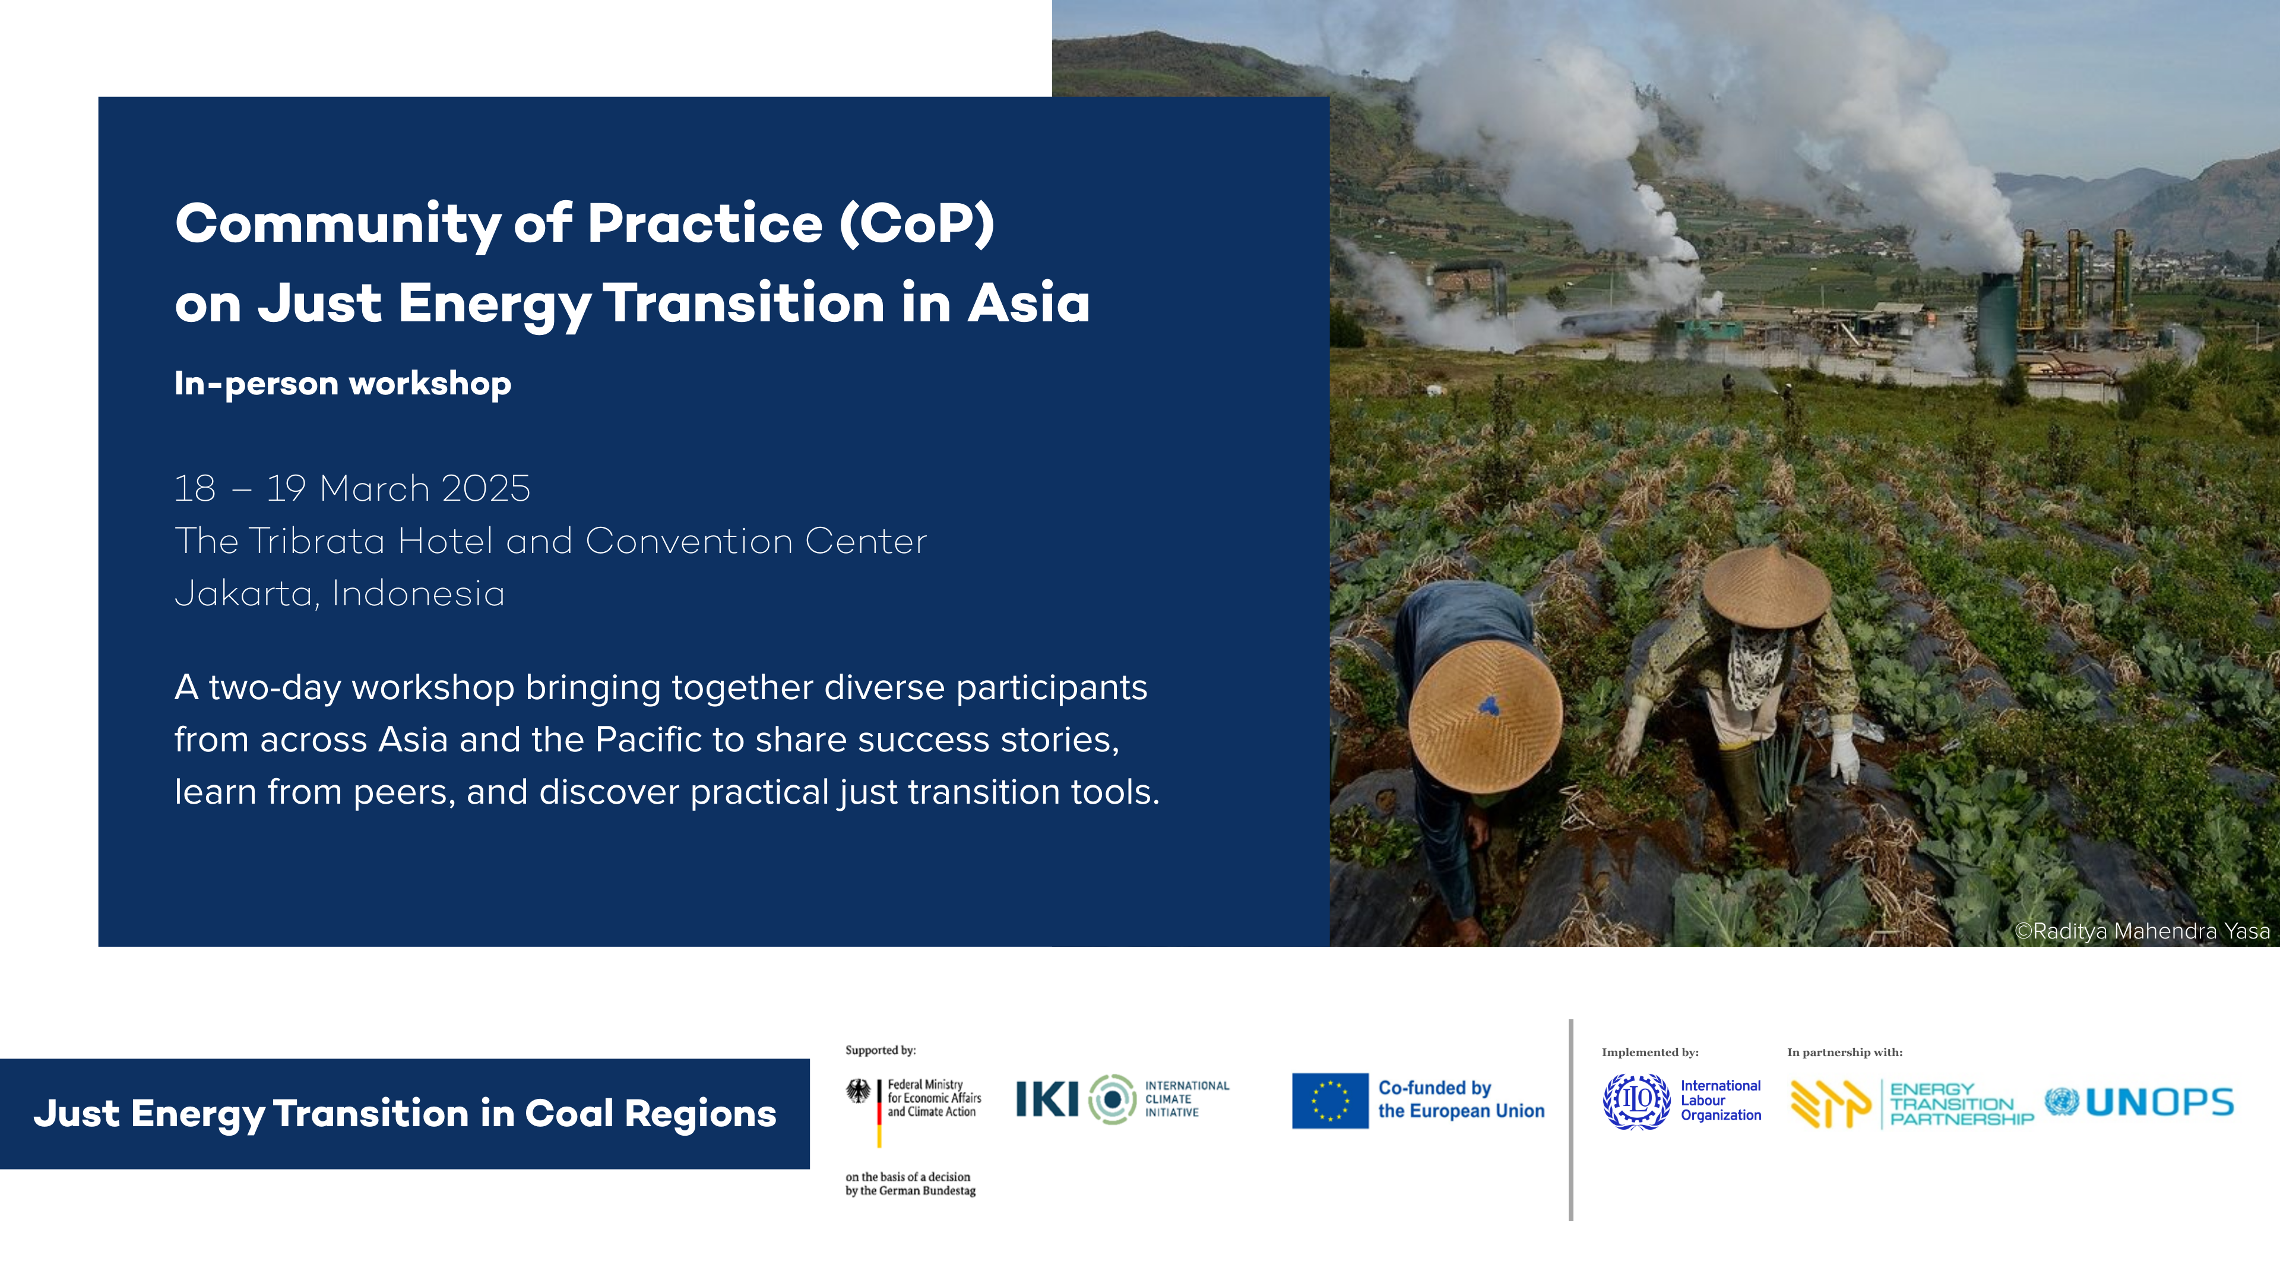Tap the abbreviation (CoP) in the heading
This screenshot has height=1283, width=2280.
click(917, 223)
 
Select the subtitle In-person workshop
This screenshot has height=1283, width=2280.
click(343, 383)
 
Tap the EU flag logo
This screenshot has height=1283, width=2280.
click(1329, 1101)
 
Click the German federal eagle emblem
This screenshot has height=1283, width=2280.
click(857, 1091)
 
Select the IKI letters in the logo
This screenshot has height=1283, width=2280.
click(1047, 1099)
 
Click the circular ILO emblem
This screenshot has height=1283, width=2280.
click(1636, 1101)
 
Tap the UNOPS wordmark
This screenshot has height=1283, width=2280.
click(2159, 1102)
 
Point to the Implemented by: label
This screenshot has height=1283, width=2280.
click(1650, 1052)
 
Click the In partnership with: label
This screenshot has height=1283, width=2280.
click(1845, 1052)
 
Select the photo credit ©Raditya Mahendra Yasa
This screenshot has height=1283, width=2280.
click(2142, 931)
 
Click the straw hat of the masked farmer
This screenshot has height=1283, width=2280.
click(1766, 586)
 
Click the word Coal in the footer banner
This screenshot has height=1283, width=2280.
click(568, 1113)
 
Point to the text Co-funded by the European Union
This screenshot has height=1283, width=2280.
click(1461, 1099)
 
